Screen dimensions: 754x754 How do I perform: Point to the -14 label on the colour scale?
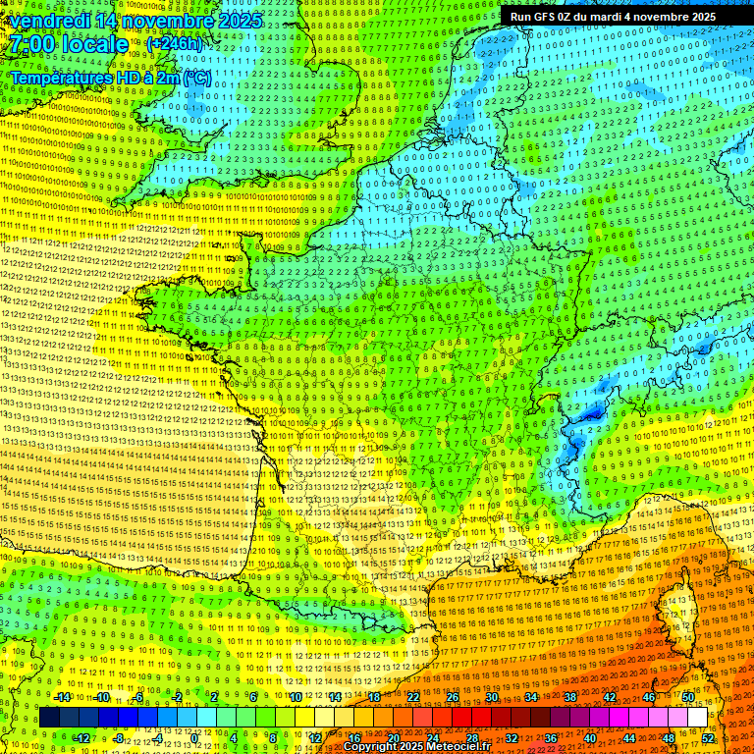(x=63, y=697)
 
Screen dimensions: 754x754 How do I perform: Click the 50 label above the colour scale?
(x=687, y=697)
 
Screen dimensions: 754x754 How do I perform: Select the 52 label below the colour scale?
(x=708, y=737)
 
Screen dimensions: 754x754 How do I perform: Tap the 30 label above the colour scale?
(x=492, y=697)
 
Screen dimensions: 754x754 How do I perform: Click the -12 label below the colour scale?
(x=82, y=737)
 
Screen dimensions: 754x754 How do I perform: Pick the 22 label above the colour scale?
(x=413, y=697)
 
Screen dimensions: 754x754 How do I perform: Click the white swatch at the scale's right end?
(x=697, y=718)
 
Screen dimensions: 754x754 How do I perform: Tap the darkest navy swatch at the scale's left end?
(x=49, y=718)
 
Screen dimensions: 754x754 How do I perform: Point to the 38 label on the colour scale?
(x=570, y=697)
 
